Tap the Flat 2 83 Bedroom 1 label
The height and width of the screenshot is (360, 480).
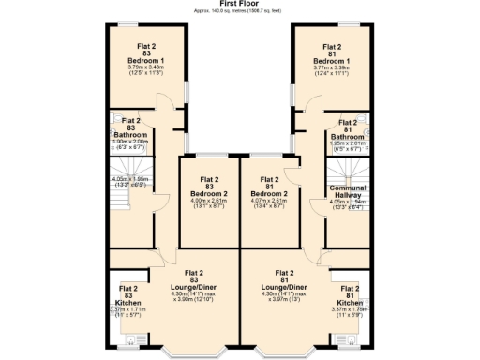(x=145, y=55)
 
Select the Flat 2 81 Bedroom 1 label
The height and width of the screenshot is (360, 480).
(x=333, y=53)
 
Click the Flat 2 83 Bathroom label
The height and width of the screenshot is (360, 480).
(x=130, y=130)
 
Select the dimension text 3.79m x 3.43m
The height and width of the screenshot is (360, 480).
(x=145, y=67)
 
